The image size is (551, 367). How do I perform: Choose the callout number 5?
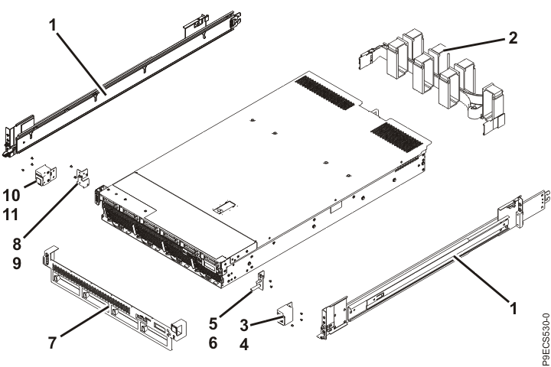coord(215,312)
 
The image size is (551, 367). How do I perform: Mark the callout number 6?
coord(215,334)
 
